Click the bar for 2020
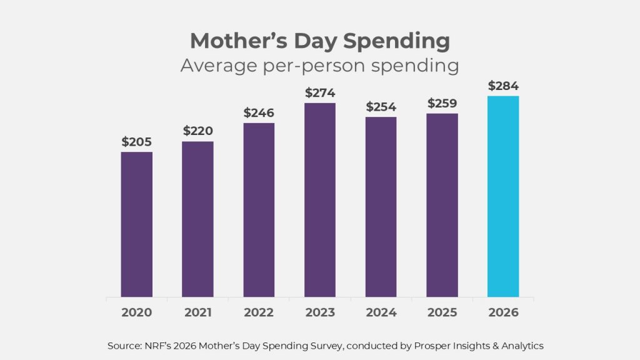(137, 224)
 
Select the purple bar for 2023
(320, 200)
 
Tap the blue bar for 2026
(503, 196)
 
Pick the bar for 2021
(198, 219)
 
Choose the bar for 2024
(381, 207)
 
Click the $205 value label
(137, 142)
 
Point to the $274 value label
(320, 93)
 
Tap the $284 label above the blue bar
(503, 86)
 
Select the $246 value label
(259, 113)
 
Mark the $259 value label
(442, 103)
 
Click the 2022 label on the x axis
(259, 312)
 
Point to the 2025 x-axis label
(442, 312)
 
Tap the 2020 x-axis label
(137, 312)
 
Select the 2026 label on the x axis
(503, 312)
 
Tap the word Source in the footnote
(122, 345)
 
